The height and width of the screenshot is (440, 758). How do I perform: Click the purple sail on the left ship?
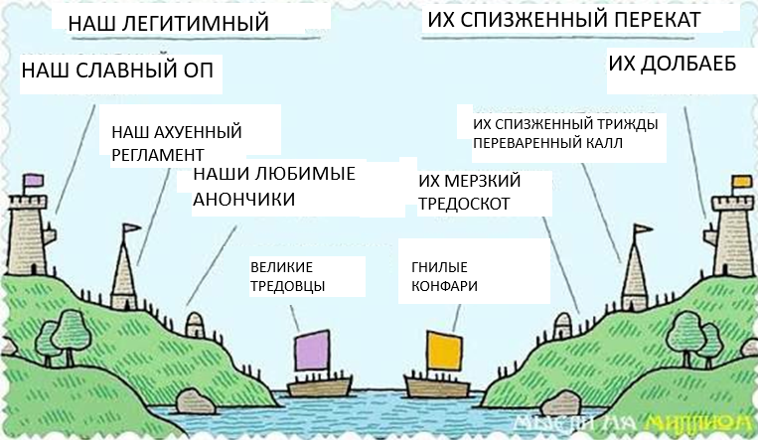(x=312, y=351)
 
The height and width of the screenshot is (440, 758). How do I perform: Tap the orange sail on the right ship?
(x=444, y=351)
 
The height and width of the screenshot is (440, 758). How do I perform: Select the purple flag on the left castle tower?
(x=34, y=181)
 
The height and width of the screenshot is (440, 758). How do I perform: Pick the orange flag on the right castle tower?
(x=742, y=182)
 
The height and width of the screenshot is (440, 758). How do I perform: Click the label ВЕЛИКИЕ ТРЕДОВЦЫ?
(x=288, y=276)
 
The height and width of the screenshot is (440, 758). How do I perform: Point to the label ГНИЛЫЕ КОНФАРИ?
(x=444, y=276)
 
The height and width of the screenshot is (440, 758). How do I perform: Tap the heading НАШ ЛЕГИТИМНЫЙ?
(x=168, y=23)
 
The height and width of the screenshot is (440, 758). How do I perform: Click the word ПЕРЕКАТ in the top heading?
(x=651, y=20)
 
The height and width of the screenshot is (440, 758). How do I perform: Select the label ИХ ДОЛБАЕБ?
(x=672, y=64)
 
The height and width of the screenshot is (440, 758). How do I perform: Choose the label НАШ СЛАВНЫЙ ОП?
(x=117, y=71)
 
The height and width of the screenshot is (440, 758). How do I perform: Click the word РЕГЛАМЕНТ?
(x=158, y=155)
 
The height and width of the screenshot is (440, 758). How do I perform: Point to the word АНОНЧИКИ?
(x=243, y=199)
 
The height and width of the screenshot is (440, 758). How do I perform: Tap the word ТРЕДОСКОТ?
(x=464, y=204)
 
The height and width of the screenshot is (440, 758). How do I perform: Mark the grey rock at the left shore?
(x=196, y=401)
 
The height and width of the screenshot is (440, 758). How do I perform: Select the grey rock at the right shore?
(x=560, y=403)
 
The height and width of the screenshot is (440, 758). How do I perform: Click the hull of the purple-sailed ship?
(x=320, y=386)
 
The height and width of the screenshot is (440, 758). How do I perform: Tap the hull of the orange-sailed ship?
(x=437, y=386)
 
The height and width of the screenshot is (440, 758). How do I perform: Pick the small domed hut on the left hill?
(x=195, y=324)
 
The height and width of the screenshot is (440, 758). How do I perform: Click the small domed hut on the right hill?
(x=562, y=325)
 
